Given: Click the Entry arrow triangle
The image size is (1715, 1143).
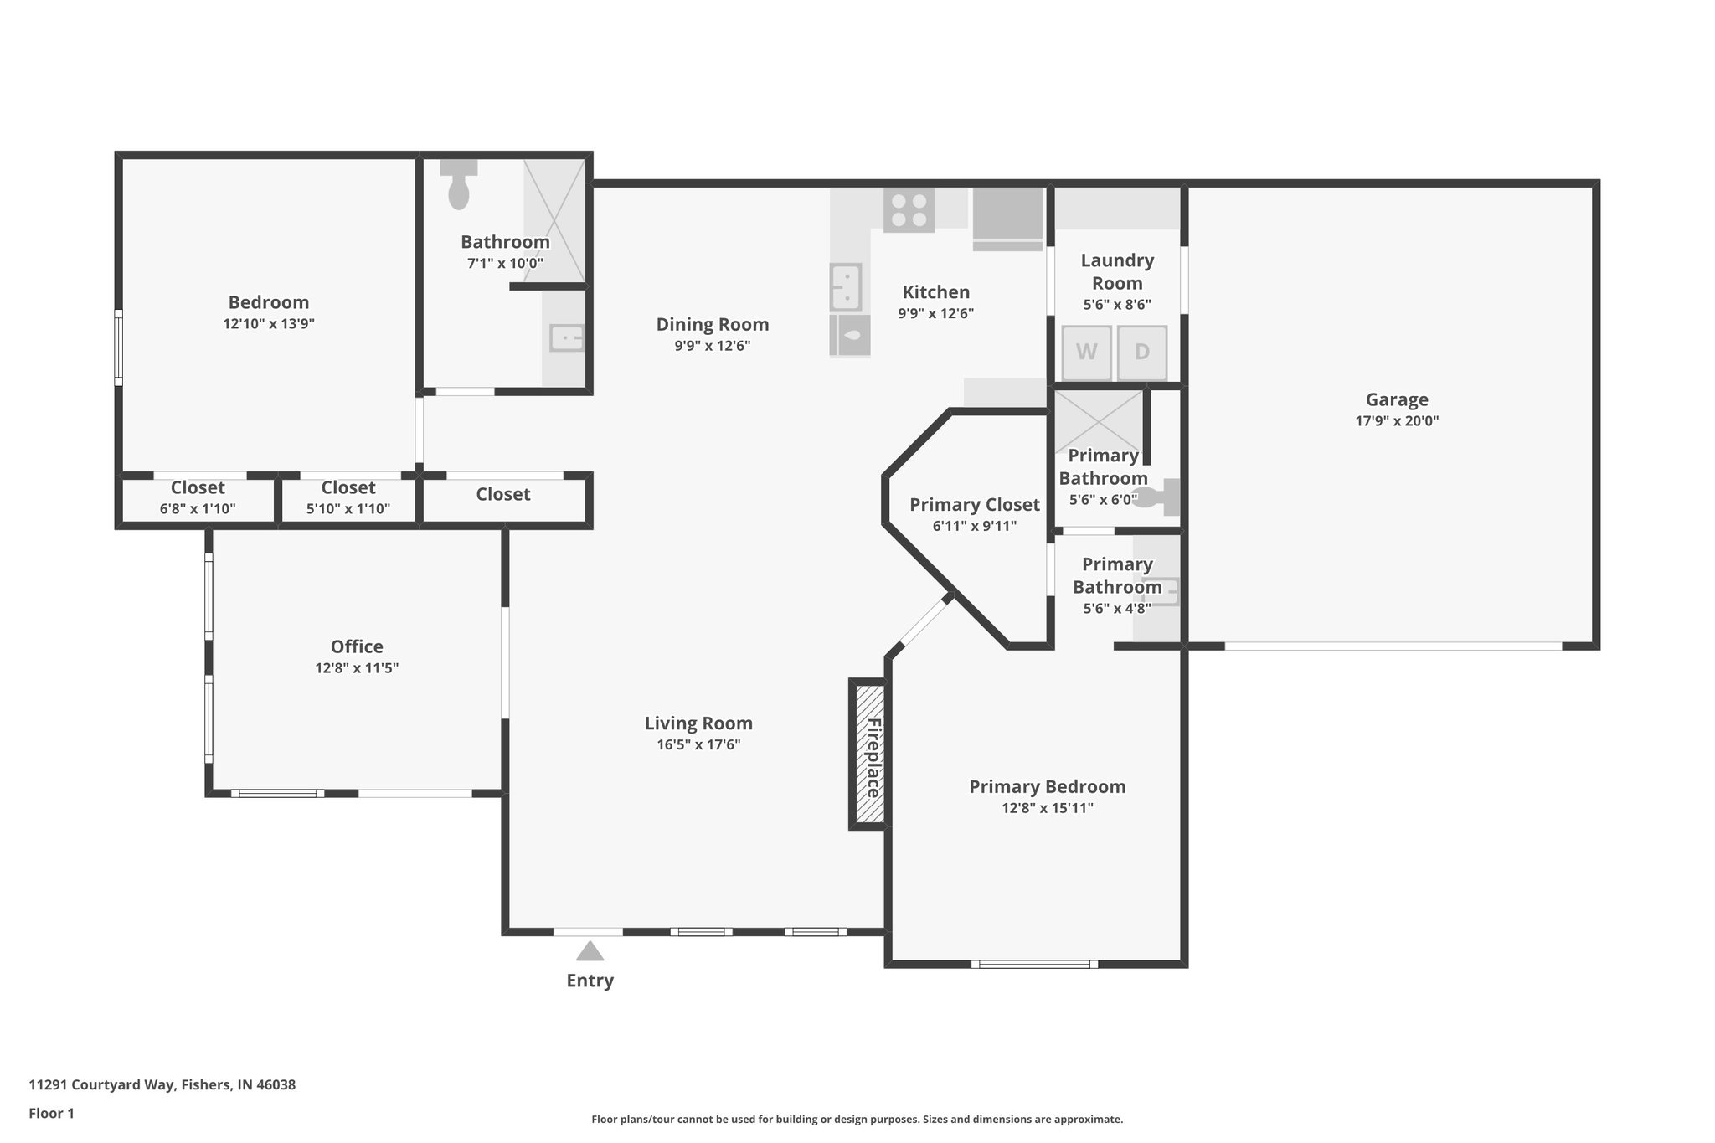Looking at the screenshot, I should click(590, 951).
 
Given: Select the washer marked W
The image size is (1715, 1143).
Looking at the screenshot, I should click(1086, 353).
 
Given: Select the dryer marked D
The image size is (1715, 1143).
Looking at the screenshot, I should click(1141, 353).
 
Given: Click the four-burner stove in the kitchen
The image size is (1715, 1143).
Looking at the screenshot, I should click(909, 210).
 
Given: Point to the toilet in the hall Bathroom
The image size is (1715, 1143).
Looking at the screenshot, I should click(458, 187).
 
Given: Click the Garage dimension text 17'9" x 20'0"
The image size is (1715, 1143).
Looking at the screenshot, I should click(1396, 421).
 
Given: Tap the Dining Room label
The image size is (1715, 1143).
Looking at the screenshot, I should click(712, 324).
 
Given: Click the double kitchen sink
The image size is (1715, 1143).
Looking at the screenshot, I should click(845, 286).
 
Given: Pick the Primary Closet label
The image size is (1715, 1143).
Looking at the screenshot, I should click(974, 504).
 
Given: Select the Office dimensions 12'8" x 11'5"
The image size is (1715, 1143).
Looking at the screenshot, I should click(357, 668).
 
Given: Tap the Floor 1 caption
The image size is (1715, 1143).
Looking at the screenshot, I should click(51, 1114).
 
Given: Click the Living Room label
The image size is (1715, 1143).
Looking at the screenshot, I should click(698, 723).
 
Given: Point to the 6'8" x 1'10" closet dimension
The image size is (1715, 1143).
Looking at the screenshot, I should click(198, 508).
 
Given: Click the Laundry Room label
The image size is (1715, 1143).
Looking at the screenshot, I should click(1116, 271).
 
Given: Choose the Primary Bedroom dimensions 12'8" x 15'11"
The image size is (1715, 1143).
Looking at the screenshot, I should click(1047, 808).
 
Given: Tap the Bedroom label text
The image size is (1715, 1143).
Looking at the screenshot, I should click(268, 302).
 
